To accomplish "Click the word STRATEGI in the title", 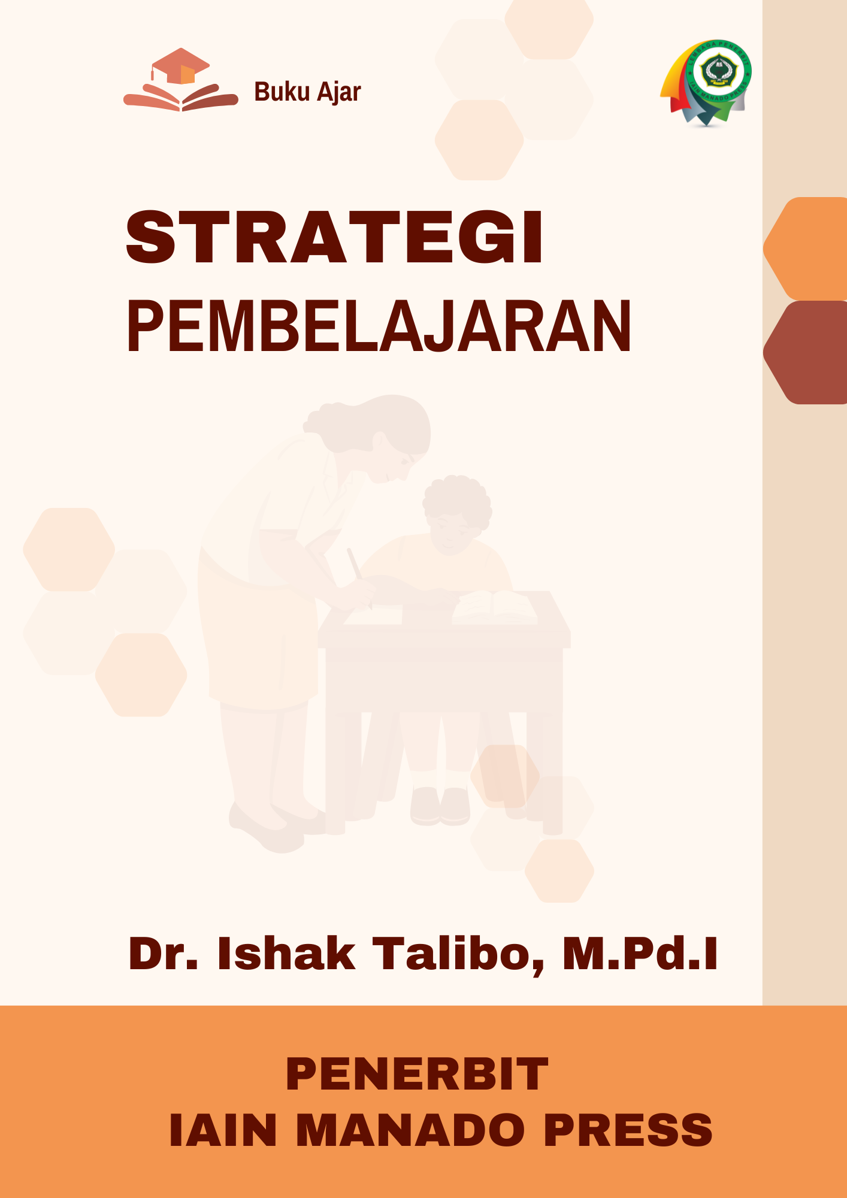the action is point(334,237).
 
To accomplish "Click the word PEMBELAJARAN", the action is point(379,326).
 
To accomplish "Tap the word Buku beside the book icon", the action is point(282,92).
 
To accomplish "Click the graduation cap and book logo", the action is point(181,80).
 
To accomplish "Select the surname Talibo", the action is point(459,954).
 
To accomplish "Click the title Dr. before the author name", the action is point(163,953).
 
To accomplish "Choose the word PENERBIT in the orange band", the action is point(417,1074).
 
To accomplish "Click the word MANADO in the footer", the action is point(410,1130).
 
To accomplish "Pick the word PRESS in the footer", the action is point(628,1130).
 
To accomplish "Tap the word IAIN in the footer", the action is point(223,1130).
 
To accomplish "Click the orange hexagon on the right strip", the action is point(805,249).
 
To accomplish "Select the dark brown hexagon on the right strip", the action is point(805,352).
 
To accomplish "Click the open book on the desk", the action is point(495,607).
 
